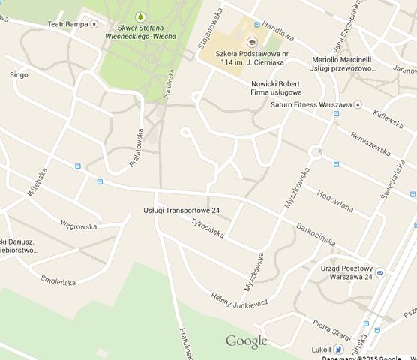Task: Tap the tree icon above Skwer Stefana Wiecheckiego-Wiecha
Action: point(140,16)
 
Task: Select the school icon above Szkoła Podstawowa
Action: point(250,43)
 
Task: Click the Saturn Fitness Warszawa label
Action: point(311,104)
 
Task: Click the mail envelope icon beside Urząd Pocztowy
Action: point(380,271)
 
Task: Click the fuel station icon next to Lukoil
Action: point(340,349)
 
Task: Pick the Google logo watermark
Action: point(247,341)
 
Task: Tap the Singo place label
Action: point(19,75)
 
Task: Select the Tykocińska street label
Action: point(207,227)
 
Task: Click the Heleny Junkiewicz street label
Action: point(239,301)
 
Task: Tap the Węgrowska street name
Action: point(79,226)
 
